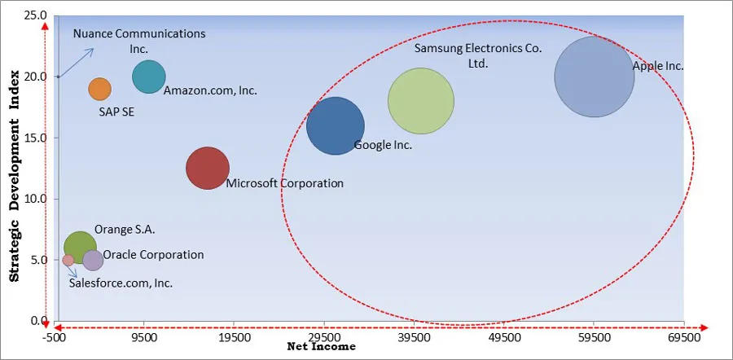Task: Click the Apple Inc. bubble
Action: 594,77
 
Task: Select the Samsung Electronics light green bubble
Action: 420,101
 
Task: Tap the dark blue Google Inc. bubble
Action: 336,125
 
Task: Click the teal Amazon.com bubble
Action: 149,77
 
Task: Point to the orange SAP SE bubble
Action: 99,90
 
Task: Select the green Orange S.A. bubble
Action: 80,248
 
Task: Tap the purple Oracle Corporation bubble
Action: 93,260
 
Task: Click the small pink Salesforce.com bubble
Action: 68,261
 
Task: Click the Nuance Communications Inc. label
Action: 138,41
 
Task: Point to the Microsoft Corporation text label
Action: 284,183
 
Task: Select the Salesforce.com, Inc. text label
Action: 121,283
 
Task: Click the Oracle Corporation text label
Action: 153,254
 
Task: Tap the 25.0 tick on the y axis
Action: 34,15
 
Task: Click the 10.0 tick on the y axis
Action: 34,199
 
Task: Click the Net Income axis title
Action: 322,347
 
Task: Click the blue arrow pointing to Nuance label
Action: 80,60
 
